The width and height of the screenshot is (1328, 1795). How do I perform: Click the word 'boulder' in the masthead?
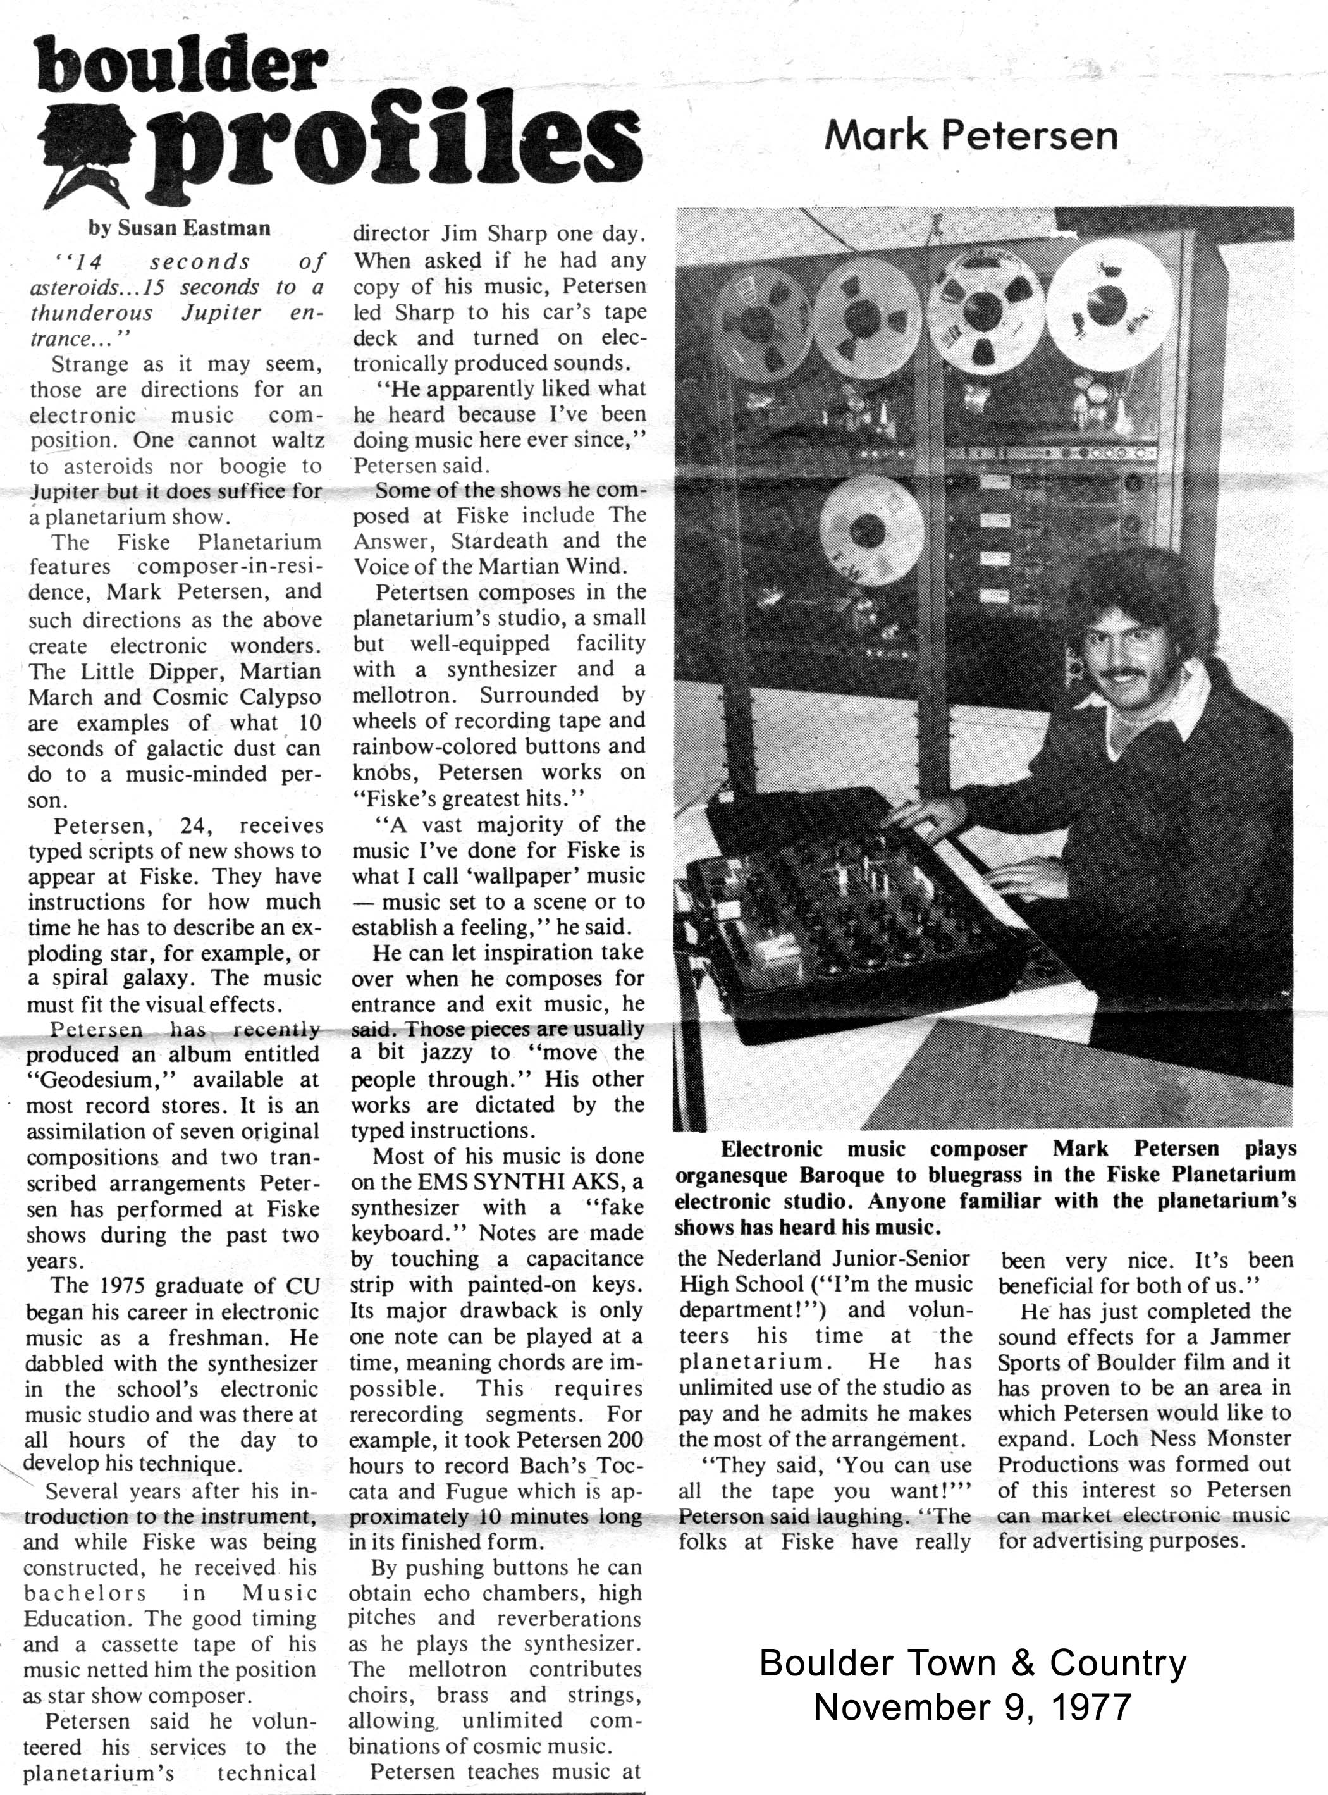(181, 68)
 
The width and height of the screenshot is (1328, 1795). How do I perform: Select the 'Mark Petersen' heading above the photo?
(970, 136)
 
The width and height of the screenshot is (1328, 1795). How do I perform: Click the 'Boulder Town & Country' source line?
(972, 1664)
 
